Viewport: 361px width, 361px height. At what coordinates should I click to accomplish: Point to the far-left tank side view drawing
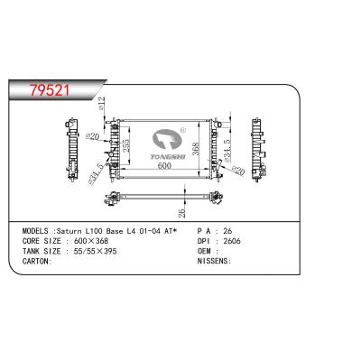pyautogui.click(x=72, y=149)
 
